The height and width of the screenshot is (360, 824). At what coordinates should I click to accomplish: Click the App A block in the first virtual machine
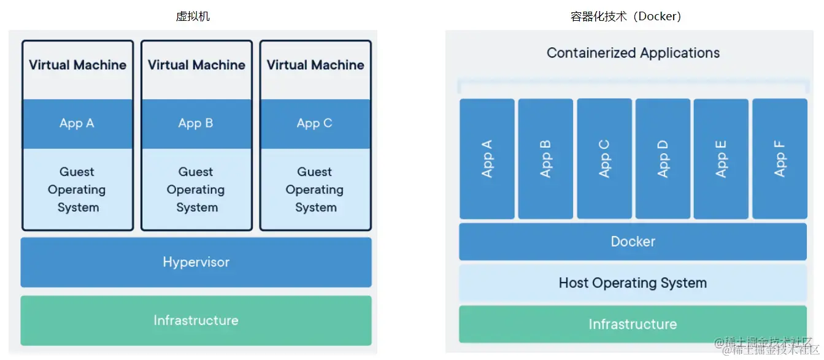77,123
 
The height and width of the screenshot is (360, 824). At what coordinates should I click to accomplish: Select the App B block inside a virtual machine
196,123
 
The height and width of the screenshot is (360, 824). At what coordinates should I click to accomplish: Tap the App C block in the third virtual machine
315,123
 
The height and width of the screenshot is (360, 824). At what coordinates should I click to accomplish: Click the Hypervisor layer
196,262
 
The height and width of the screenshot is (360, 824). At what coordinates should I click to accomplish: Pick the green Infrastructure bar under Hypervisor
196,320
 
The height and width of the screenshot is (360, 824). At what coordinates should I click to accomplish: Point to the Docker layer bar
633,242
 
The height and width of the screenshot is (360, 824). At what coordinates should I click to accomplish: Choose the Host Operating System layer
633,283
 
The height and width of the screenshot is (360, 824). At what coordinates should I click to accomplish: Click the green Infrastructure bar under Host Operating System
633,324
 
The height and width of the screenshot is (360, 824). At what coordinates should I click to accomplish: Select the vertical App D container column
663,159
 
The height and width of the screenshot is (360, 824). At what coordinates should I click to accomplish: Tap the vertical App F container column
780,159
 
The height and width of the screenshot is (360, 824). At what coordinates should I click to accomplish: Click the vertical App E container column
721,159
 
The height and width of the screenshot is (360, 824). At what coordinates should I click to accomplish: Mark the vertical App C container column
604,159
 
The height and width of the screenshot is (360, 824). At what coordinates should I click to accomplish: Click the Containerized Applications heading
633,53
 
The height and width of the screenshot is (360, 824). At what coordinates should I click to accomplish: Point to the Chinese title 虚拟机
193,17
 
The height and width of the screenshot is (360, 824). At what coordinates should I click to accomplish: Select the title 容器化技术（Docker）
626,17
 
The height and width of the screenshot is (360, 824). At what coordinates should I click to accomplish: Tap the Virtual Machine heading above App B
196,65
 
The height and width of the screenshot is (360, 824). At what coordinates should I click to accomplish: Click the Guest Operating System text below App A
77,190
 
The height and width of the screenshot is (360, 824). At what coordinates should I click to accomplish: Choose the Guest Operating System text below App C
315,190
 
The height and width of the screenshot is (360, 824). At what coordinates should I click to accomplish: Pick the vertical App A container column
487,159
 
